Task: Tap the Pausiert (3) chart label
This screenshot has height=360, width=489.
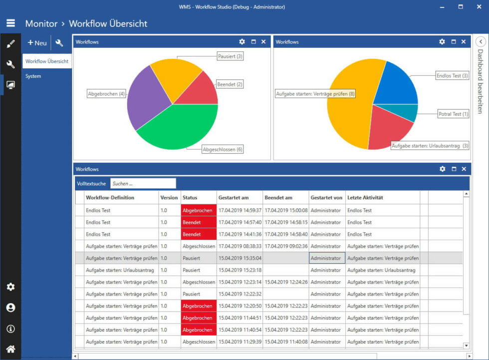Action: pos(230,56)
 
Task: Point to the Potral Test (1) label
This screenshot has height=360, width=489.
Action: pos(453,114)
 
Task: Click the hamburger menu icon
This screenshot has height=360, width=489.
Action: pos(10,23)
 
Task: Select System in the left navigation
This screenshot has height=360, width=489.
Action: pos(33,76)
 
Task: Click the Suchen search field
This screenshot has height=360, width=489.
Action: pos(143,184)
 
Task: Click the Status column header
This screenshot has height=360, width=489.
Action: pos(190,198)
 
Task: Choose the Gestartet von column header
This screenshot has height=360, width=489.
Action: pos(326,198)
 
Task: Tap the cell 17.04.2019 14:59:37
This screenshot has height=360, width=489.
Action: pos(240,211)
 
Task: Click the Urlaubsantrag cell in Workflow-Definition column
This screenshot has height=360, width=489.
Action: pos(120,270)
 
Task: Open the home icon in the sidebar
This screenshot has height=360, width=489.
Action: pos(10,349)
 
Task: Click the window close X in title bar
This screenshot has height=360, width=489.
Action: pos(478,7)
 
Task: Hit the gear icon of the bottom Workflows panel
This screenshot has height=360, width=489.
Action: pos(442,169)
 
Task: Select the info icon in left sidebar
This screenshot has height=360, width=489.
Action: pos(10,329)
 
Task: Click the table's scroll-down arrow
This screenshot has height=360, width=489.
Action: pos(467,345)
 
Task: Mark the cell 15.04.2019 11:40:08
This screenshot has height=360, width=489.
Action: pos(286,342)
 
